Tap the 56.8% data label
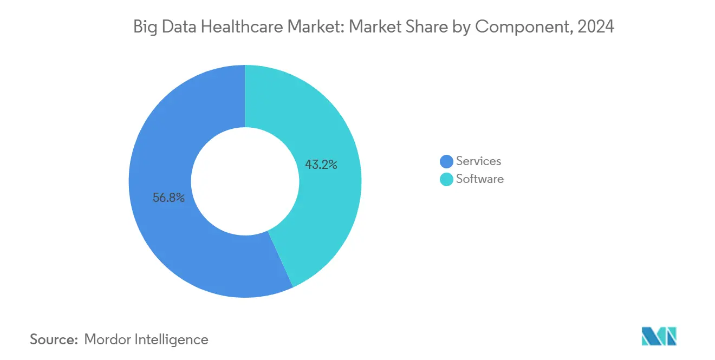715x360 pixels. point(168,198)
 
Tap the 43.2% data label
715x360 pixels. point(321,165)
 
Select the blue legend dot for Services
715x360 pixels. point(446,161)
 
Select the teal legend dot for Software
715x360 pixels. point(446,179)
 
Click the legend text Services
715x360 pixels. point(478,161)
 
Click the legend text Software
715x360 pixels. point(479,179)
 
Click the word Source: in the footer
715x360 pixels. point(54,340)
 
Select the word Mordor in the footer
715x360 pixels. point(107,340)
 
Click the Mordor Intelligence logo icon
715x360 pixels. point(659,336)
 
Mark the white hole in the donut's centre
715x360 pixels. point(245,181)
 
